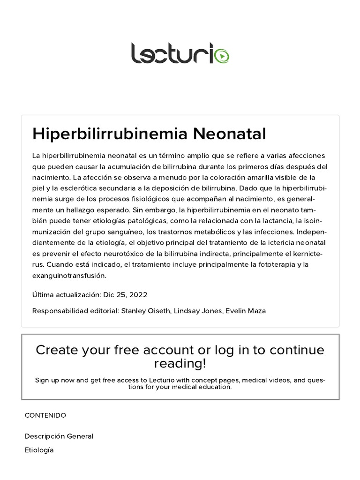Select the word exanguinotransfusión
coord(69,275)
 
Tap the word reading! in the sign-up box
coord(180,364)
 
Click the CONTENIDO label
coord(45,415)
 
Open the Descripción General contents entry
coord(59,436)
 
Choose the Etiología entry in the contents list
coord(39,450)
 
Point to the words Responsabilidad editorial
coord(75,311)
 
